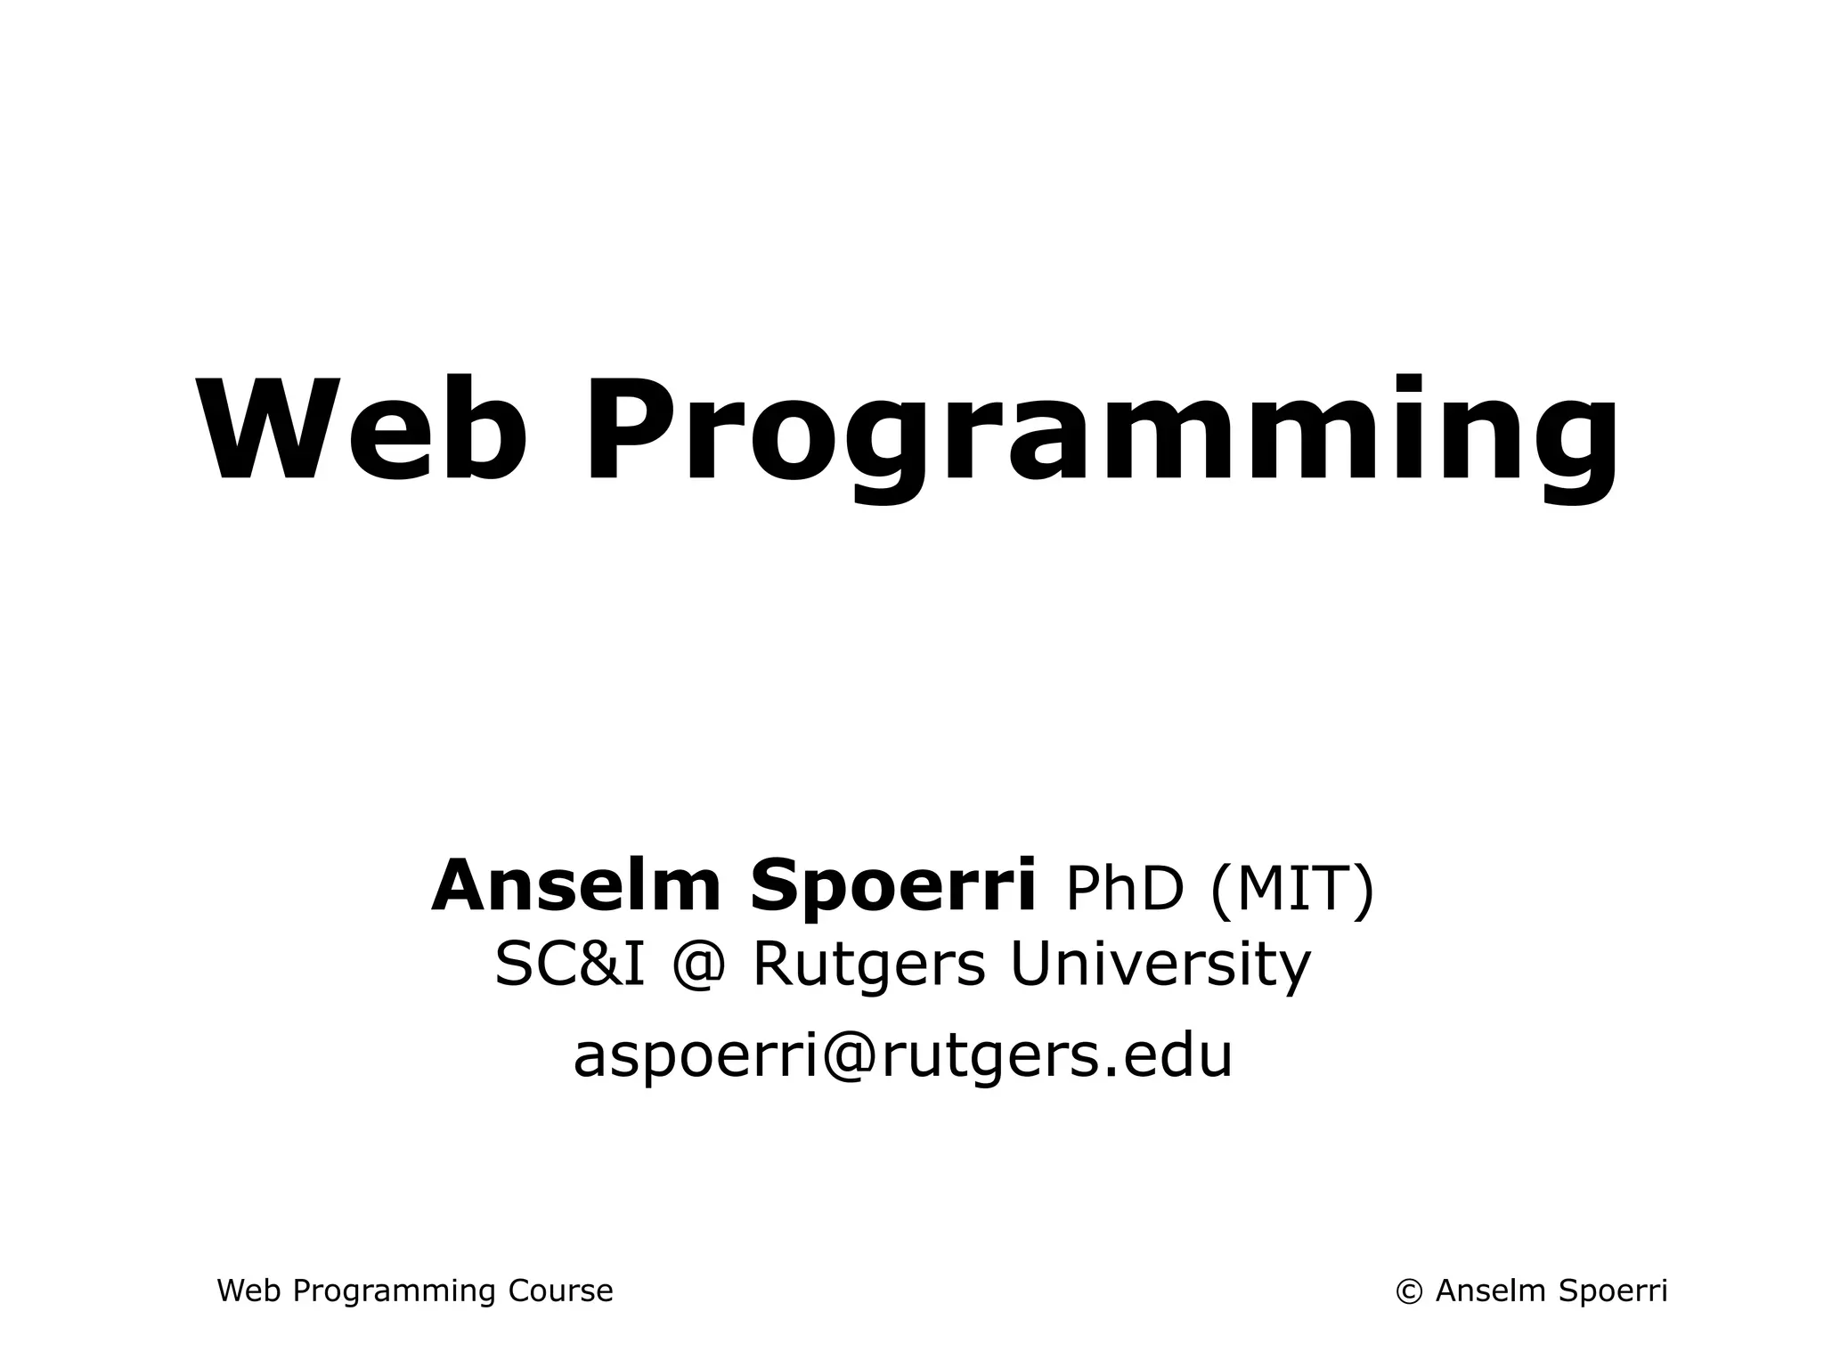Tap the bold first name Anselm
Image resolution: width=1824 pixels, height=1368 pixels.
575,886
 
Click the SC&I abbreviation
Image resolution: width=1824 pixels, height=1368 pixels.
569,965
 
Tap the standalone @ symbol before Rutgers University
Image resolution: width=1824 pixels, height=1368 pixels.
697,965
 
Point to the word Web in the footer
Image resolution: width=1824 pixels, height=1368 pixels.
249,1291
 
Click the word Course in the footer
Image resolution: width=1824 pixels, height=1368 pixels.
560,1291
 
